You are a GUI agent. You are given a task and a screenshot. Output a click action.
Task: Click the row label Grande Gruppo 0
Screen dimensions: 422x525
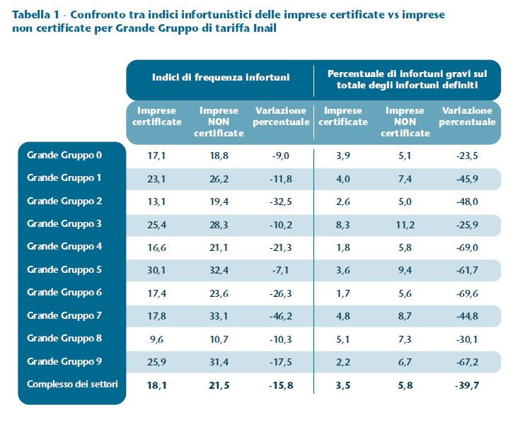[64, 155]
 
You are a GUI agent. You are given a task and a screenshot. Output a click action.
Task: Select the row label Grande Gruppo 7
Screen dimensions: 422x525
[64, 315]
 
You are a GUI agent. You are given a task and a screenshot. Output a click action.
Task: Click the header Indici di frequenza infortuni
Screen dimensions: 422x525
[220, 78]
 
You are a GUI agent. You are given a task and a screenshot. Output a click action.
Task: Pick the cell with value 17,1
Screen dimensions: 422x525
[157, 155]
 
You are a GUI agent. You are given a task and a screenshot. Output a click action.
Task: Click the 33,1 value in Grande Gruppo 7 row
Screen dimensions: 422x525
[219, 315]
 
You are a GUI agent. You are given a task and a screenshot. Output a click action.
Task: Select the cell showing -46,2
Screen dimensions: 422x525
[281, 315]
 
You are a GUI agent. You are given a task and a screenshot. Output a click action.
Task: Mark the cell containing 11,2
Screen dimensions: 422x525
[405, 223]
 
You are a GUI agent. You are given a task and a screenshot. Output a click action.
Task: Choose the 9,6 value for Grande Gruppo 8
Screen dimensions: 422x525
[157, 338]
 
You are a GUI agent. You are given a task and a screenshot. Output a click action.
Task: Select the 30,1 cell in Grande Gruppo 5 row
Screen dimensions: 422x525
[157, 269]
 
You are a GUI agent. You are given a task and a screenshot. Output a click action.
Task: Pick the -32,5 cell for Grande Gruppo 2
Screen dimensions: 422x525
[281, 201]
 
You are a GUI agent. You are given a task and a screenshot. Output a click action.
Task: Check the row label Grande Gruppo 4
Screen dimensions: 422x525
[64, 247]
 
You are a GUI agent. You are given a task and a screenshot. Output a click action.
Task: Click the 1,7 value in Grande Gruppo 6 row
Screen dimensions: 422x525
[343, 292]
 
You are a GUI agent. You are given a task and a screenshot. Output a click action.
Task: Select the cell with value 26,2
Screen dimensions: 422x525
[219, 178]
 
